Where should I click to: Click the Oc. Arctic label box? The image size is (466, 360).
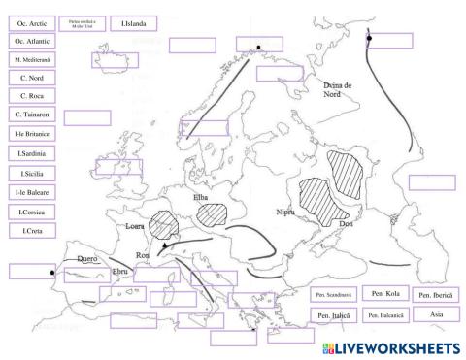[30, 22]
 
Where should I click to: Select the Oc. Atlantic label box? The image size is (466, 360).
[30, 41]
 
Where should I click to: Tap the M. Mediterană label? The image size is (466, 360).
[30, 60]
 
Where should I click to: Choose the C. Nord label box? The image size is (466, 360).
[30, 78]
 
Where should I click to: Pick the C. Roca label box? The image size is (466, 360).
[30, 96]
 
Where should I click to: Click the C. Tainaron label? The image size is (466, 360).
[30, 115]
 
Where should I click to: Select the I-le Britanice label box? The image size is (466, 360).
[30, 134]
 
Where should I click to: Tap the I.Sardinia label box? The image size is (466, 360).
[30, 153]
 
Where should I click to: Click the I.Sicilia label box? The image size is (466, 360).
[30, 173]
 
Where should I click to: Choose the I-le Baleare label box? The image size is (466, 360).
[30, 192]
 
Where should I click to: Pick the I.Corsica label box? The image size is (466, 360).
[30, 211]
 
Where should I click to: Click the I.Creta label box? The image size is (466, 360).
[30, 230]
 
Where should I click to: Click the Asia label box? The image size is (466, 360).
[435, 314]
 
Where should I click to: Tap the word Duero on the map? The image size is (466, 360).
[87, 259]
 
